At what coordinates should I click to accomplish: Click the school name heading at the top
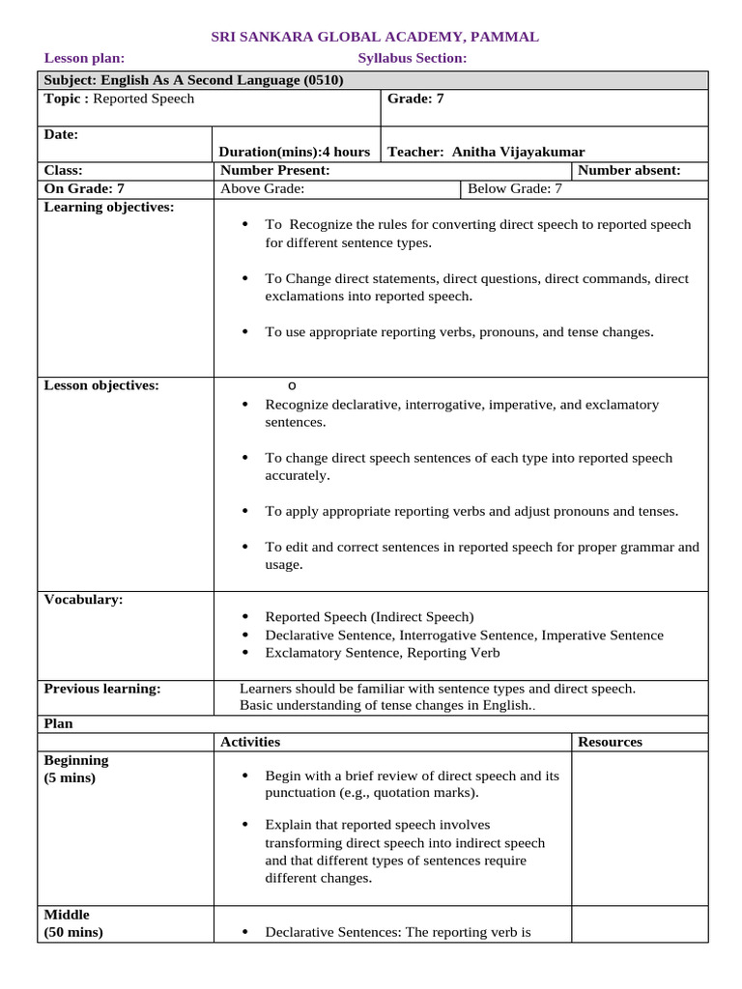tap(375, 37)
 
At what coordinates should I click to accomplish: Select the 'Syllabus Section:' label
tap(412, 59)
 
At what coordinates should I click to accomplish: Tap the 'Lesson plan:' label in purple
tap(84, 59)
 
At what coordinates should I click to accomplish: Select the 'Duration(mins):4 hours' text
tap(295, 152)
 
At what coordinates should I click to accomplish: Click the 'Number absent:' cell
tap(629, 170)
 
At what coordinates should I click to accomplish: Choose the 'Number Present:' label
tap(275, 170)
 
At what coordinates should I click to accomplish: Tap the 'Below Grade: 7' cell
tap(514, 188)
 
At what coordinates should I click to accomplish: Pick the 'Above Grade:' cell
tap(263, 188)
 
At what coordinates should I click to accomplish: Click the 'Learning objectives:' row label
tap(109, 207)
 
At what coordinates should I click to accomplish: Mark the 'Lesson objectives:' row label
tap(101, 385)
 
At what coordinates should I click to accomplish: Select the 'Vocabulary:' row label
tap(84, 600)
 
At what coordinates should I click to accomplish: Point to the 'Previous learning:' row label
tap(102, 689)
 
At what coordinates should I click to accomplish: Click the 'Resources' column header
tap(610, 742)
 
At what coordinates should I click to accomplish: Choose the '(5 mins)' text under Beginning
tap(70, 777)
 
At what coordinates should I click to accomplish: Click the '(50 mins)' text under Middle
tap(73, 932)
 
